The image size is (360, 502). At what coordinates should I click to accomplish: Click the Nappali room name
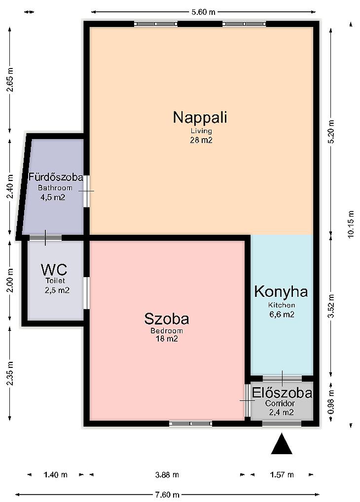[x=200, y=117]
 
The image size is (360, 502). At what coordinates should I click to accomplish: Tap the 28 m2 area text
[x=201, y=140]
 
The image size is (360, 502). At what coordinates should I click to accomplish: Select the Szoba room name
[x=167, y=319]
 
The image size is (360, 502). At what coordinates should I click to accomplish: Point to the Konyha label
[x=281, y=291]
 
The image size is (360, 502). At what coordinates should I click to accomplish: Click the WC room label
[x=54, y=270]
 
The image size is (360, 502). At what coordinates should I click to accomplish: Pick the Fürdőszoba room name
[x=56, y=177]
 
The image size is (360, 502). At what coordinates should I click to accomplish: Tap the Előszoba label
[x=282, y=393]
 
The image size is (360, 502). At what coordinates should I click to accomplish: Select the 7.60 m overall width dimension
[x=167, y=495]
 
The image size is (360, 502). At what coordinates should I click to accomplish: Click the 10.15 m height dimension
[x=351, y=224]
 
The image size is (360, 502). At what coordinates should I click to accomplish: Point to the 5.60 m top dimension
[x=203, y=12]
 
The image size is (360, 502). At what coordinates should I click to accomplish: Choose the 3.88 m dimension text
[x=167, y=474]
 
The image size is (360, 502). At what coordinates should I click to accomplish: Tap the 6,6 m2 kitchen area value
[x=282, y=315]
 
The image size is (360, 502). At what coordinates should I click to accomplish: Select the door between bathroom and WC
[x=45, y=238]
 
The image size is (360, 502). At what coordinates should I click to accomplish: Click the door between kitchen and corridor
[x=282, y=379]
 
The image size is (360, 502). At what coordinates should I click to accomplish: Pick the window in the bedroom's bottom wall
[x=190, y=424]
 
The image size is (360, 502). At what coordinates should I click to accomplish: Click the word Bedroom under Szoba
[x=167, y=331]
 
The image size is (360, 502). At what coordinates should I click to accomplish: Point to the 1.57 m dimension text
[x=282, y=474]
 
